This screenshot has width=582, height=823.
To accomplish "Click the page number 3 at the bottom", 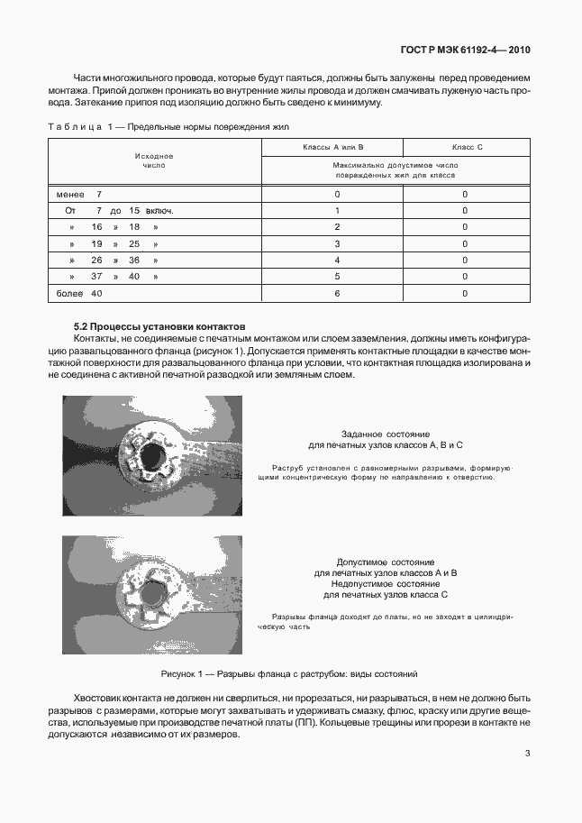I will click(527, 754).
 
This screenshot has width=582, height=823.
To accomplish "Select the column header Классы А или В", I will click(332, 146).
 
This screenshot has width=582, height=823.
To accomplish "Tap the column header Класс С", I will click(468, 146).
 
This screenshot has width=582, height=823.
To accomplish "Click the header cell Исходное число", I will click(154, 160).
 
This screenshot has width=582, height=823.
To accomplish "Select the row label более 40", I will click(79, 293).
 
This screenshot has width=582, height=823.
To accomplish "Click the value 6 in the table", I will click(337, 293).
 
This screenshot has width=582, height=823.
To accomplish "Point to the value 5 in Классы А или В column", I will click(337, 277).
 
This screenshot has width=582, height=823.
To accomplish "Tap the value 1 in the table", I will click(337, 211).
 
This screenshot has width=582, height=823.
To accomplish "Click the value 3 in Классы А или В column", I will click(337, 243).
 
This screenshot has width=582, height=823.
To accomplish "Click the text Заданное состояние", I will click(386, 434).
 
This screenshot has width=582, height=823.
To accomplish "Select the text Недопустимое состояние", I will click(386, 584).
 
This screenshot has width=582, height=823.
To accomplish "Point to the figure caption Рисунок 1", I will click(289, 673).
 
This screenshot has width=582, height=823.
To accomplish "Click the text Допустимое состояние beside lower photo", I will click(386, 561).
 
